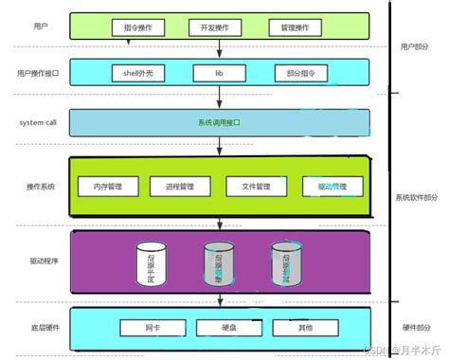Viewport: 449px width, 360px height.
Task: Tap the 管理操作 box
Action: [296, 27]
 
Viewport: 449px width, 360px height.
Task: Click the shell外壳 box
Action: [138, 72]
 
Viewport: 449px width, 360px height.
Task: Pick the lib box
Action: [218, 72]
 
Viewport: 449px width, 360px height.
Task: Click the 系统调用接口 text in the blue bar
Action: [219, 123]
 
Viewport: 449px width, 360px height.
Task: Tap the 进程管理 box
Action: [180, 186]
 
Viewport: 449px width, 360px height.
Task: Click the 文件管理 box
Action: [256, 186]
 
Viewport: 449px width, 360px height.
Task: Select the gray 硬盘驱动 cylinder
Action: [218, 264]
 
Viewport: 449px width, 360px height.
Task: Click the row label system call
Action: [39, 122]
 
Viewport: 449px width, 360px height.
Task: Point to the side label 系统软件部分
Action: [417, 198]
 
